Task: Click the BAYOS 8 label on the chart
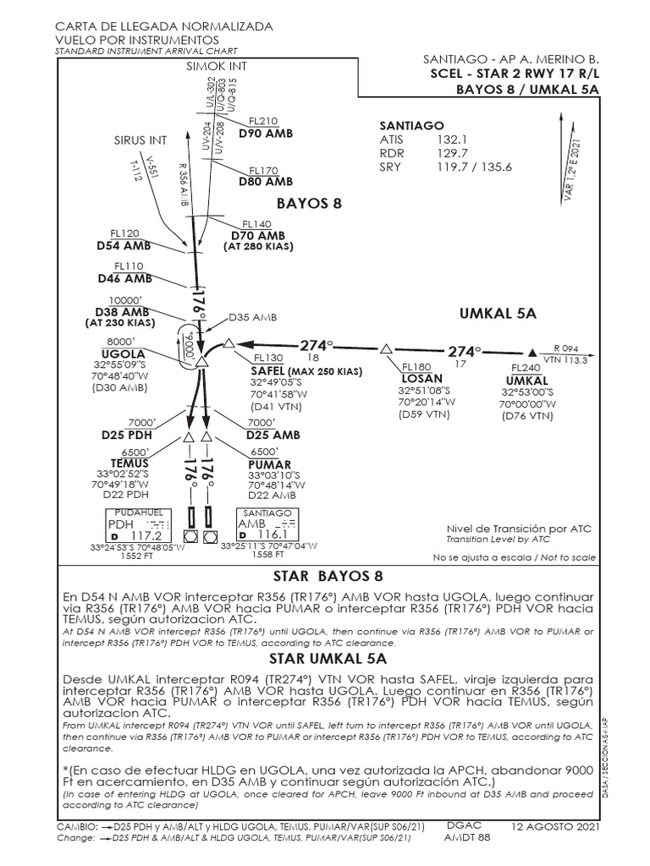tap(309, 203)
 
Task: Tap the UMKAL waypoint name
tap(521, 380)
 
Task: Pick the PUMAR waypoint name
tap(269, 465)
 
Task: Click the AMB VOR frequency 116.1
tap(272, 535)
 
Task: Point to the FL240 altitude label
tap(526, 368)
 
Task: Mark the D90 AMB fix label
tap(266, 134)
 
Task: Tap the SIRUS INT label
tap(140, 140)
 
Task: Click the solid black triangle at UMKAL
tap(532, 352)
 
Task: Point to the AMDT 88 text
tap(466, 838)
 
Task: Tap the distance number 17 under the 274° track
tap(461, 364)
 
